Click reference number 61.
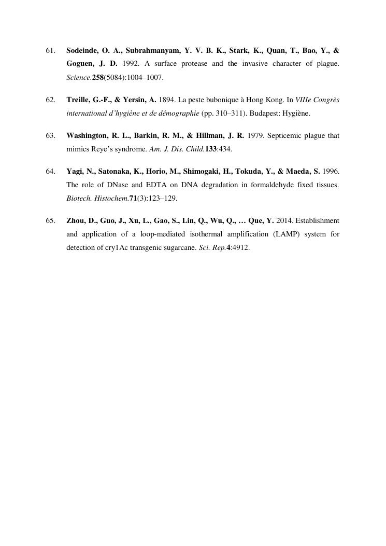[x=50, y=51]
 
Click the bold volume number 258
[x=98, y=78]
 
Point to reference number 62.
[x=50, y=100]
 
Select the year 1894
[x=166, y=100]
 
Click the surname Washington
[x=86, y=136]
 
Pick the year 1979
[x=256, y=136]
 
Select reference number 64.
[x=50, y=171]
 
